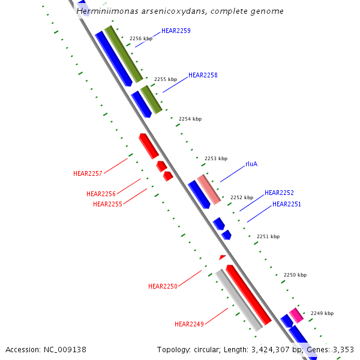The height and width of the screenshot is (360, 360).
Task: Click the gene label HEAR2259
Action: (x=176, y=31)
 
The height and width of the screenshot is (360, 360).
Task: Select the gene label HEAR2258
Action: (x=203, y=75)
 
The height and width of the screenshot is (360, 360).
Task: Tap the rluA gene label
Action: (x=251, y=164)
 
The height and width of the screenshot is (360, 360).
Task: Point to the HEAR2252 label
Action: (x=279, y=193)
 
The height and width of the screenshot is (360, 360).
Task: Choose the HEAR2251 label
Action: (x=287, y=204)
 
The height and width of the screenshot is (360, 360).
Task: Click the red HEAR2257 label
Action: (x=88, y=173)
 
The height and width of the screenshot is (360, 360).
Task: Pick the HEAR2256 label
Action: (x=101, y=194)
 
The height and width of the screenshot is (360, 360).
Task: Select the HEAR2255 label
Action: (x=107, y=204)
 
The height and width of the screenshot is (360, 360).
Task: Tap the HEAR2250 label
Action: (x=163, y=286)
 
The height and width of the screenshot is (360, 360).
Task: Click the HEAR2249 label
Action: (x=189, y=324)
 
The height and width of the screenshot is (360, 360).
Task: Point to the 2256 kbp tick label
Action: (x=141, y=38)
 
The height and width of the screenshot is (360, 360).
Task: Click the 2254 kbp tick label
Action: (x=190, y=119)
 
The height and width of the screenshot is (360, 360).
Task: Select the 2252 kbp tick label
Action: (x=242, y=197)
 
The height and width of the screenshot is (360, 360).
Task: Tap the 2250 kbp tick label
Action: (x=295, y=275)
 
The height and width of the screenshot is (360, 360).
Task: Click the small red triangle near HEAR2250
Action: (x=223, y=257)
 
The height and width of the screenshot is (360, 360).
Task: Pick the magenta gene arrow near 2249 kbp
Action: (x=296, y=315)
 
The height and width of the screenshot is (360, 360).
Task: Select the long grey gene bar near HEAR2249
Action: (x=239, y=300)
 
